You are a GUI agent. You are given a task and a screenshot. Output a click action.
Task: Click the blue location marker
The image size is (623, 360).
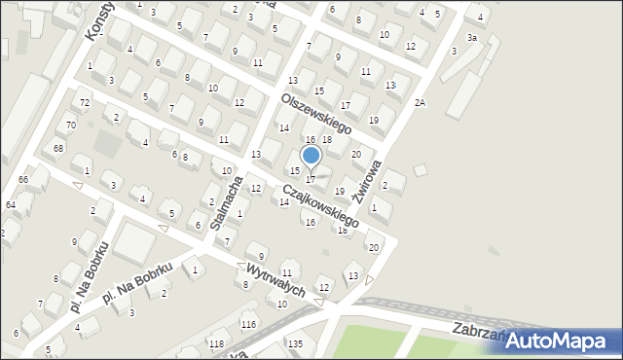coord(311,155)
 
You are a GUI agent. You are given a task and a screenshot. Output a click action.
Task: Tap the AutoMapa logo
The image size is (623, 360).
coord(562,340)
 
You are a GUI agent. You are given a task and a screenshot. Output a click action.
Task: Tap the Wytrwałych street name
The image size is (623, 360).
coord(275,278)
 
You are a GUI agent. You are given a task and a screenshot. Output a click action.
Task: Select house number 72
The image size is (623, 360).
coord(85,102)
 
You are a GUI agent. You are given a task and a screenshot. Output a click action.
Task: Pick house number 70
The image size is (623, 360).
coord(70,126)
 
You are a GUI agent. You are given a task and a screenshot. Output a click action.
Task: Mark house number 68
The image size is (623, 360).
coord(58,148)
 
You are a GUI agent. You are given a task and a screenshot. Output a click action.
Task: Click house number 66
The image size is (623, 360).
coord(23,180)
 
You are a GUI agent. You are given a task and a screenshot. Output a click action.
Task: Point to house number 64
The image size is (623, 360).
coord(10,205)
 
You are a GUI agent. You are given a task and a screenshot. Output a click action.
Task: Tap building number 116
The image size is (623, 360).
coord(248,324)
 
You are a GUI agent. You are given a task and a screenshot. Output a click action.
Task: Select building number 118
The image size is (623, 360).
coord(215,344)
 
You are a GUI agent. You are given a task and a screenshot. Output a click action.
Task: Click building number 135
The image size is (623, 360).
coord(295,343)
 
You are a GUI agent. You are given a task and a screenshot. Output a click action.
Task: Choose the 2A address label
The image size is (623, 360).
coord(420,102)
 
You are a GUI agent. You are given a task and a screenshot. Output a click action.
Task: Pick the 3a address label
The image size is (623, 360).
coord(471,37)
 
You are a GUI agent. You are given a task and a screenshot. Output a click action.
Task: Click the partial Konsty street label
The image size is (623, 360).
coord(98,19)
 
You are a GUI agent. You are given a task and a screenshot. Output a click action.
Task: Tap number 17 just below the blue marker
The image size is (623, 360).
coord(311,179)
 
